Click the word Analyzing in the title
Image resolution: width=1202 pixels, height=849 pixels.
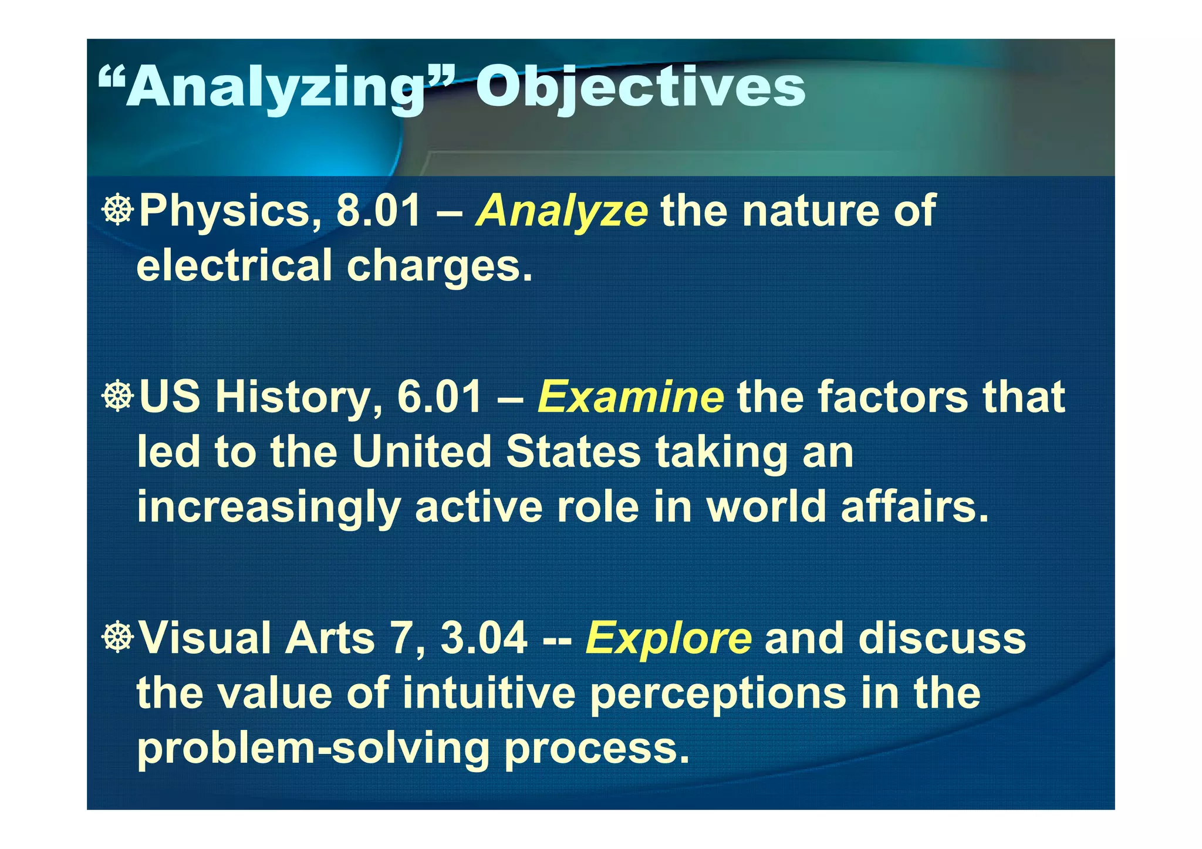click(276, 88)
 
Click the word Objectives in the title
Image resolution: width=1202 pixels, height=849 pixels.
click(640, 88)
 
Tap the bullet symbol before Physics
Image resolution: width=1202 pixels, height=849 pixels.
click(118, 209)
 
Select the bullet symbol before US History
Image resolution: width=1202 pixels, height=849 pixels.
click(118, 396)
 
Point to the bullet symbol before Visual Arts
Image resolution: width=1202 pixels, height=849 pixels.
click(118, 637)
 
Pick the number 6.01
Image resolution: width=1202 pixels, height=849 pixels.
click(440, 397)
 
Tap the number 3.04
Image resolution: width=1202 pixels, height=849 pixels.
click(484, 638)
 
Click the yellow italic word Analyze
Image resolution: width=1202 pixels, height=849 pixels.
click(562, 211)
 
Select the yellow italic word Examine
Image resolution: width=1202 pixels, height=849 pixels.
click(630, 397)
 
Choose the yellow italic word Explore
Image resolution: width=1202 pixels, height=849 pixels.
click(668, 638)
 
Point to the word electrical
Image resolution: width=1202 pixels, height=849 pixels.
click(234, 265)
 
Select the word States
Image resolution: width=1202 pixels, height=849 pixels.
click(573, 452)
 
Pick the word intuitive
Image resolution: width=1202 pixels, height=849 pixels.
click(489, 693)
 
